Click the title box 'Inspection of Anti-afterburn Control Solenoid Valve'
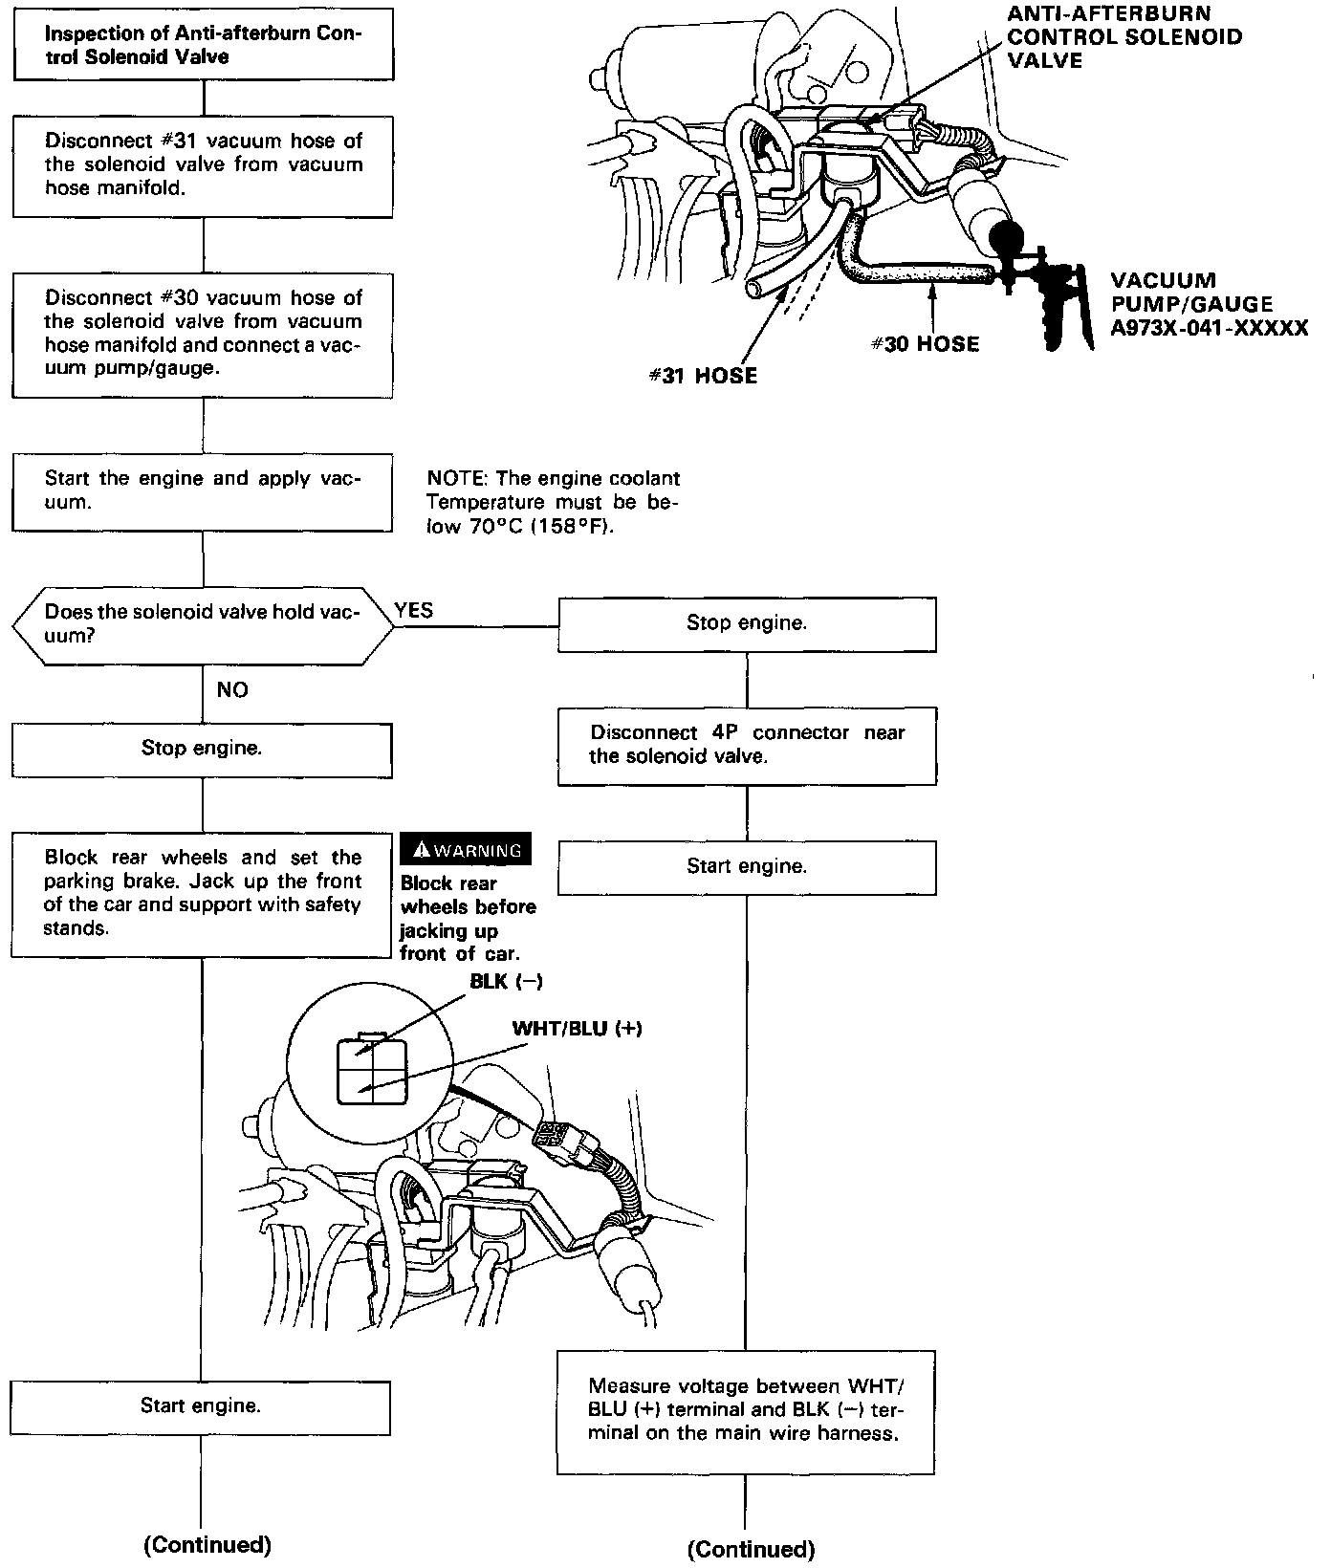tap(203, 45)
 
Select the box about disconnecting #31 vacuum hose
tap(203, 164)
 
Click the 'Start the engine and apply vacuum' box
tap(202, 491)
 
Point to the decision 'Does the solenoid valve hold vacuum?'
tap(202, 624)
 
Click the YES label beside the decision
tap(413, 611)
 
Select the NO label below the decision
tap(232, 690)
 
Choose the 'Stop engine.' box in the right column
tap(747, 623)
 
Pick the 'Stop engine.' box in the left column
tap(202, 749)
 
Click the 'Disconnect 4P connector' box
tap(747, 745)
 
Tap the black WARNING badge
tap(465, 850)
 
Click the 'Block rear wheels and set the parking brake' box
tap(202, 893)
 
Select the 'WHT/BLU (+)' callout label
tap(578, 1029)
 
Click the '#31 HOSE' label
tap(703, 376)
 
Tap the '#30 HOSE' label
tap(925, 344)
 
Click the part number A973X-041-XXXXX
tap(1210, 329)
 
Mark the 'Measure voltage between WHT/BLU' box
tap(747, 1410)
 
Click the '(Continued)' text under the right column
tap(751, 1549)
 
